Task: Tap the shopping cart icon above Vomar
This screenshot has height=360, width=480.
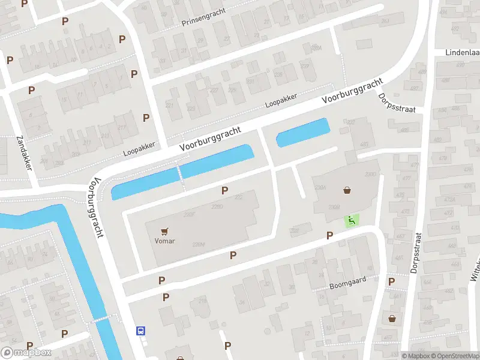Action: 164,230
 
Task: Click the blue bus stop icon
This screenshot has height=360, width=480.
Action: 140,330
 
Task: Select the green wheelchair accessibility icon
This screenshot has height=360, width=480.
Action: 351,221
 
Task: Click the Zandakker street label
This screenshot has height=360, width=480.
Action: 23,154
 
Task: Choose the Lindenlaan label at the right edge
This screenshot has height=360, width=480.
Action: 462,53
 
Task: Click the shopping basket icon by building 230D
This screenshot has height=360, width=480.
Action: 347,191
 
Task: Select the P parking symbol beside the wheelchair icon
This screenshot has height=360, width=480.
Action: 329,236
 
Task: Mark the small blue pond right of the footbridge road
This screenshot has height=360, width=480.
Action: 303,133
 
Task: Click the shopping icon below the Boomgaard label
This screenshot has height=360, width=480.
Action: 392,318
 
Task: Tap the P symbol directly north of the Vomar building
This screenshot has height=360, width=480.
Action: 225,191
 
